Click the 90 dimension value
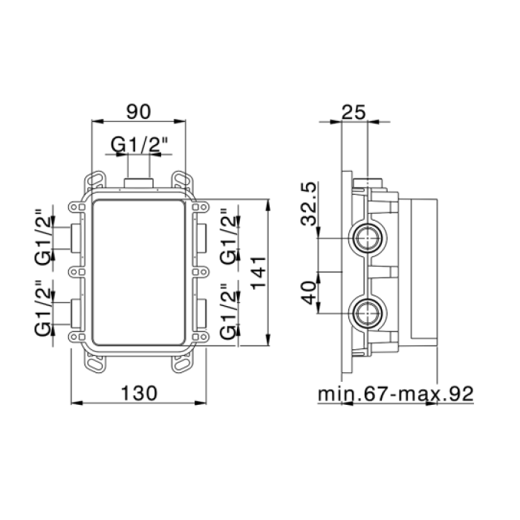[x=139, y=111]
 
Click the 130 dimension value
[x=139, y=393]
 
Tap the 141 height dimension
[x=259, y=273]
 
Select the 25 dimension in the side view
[x=354, y=112]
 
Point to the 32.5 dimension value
[x=308, y=204]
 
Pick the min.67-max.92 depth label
[x=396, y=394]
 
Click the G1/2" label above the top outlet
[x=140, y=145]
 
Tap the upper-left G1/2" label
[x=43, y=236]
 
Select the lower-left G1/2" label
[x=43, y=308]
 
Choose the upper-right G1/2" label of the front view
[x=229, y=236]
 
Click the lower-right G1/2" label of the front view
[x=229, y=311]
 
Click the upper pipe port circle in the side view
[x=368, y=238]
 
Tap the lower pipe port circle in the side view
[x=368, y=313]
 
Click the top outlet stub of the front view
[x=139, y=183]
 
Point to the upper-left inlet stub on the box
[x=76, y=238]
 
